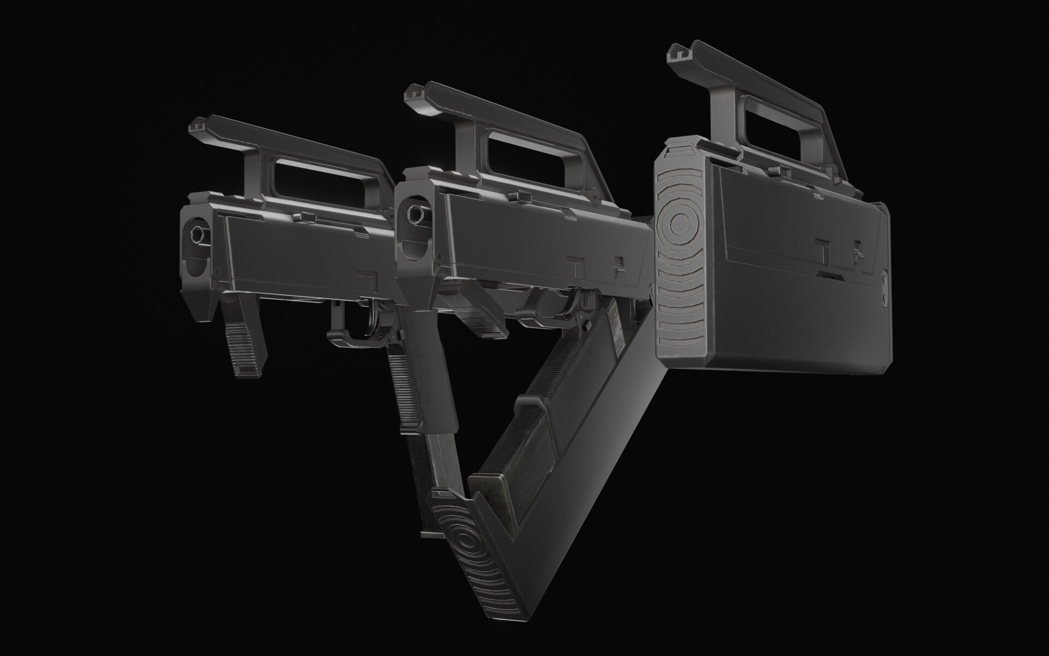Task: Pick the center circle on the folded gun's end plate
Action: [x=680, y=221]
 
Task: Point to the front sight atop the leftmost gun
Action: [x=197, y=127]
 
